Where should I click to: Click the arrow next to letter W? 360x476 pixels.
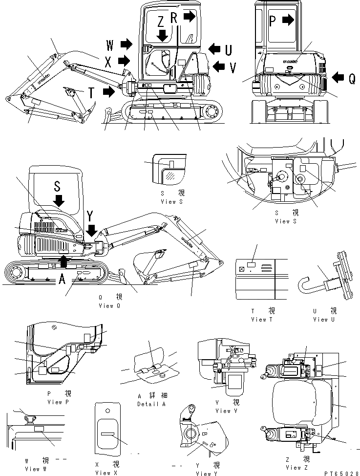(x=126, y=45)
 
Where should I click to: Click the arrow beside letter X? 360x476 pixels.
(x=125, y=61)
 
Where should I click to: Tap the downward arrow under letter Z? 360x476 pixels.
(x=162, y=35)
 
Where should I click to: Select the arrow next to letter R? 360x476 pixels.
(x=190, y=17)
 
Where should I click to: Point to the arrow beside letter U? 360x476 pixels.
(x=214, y=48)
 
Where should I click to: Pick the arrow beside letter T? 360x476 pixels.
(x=109, y=91)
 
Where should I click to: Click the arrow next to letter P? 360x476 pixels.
(x=289, y=20)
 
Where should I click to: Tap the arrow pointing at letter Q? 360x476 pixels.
(x=338, y=77)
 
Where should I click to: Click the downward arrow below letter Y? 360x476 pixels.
(x=91, y=229)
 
